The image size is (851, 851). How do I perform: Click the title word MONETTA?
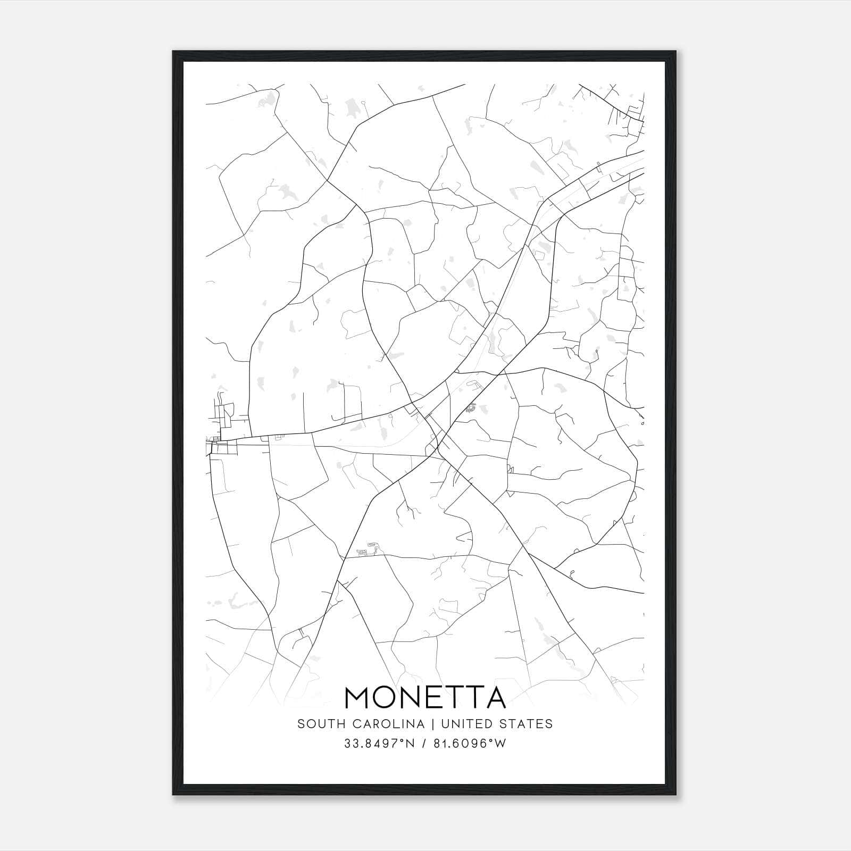click(425, 697)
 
